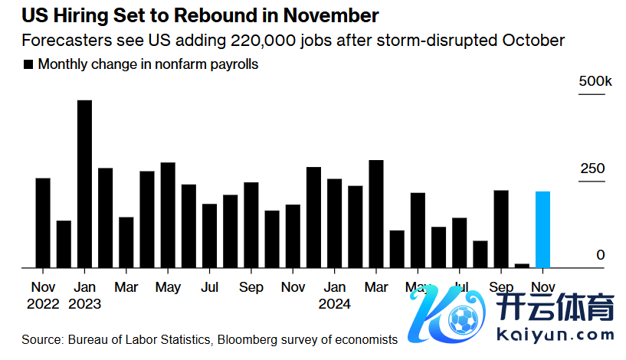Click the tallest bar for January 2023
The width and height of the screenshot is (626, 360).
tap(84, 184)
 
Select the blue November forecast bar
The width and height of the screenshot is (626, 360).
tap(542, 229)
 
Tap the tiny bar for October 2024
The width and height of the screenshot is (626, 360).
tap(522, 265)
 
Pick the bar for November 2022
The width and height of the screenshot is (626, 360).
tap(43, 223)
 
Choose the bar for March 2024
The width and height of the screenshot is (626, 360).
tap(375, 214)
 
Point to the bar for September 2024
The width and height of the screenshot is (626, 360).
tap(501, 229)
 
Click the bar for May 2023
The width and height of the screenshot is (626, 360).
tap(168, 215)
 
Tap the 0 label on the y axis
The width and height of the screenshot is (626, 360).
tap(601, 255)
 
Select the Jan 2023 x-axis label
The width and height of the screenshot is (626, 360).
tap(84, 295)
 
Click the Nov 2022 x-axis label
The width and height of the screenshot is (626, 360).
tap(43, 295)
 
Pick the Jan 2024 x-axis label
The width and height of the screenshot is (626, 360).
tap(334, 295)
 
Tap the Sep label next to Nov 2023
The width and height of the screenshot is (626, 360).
tap(251, 287)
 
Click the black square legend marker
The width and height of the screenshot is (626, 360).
tap(29, 65)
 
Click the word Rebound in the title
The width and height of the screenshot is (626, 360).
tap(200, 15)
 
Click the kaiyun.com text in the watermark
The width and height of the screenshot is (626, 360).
tap(556, 334)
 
